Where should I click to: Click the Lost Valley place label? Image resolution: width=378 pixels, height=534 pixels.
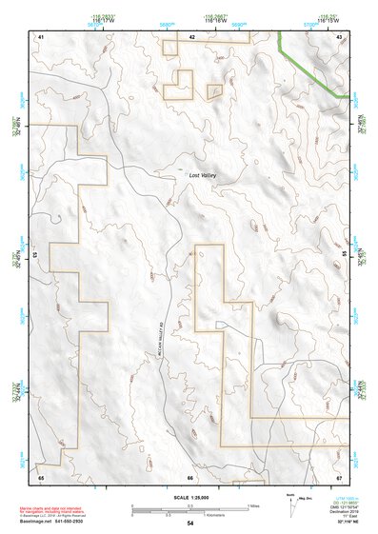click(202, 175)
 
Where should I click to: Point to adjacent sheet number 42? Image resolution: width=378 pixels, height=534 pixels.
click(191, 36)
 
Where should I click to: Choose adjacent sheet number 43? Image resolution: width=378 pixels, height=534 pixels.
click(339, 36)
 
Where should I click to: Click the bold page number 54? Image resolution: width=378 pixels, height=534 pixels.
click(190, 524)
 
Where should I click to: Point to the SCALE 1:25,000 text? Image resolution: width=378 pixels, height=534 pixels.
click(189, 498)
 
